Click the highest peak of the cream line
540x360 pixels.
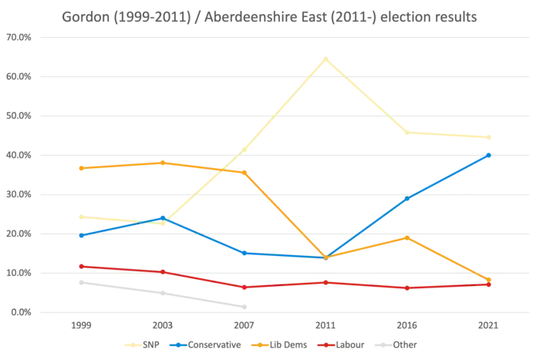326,59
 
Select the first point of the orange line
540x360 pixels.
81,168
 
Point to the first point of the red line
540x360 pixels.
81,267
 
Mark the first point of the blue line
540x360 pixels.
81,236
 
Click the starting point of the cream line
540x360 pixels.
81,216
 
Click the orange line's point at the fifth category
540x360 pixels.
407,237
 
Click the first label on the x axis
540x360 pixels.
81,327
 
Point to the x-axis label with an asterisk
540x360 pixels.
245,327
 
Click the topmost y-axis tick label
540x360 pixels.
19,36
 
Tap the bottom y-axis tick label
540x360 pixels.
19,312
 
